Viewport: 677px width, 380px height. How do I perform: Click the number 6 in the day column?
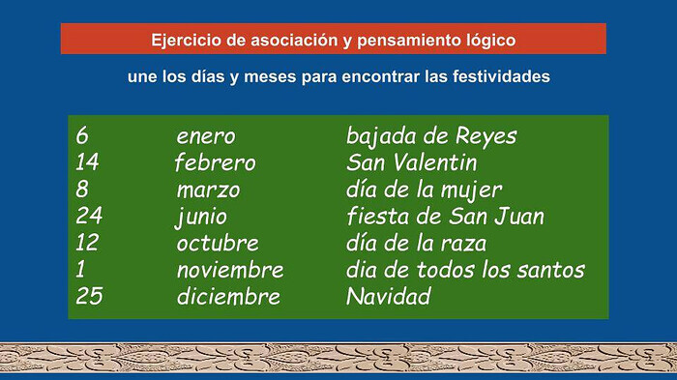(x=82, y=135)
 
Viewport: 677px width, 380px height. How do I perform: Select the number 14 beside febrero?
(x=87, y=162)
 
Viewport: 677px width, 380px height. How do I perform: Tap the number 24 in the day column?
(x=89, y=216)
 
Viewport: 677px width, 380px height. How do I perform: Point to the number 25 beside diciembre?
(x=89, y=296)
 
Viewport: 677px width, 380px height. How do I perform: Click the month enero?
(x=206, y=137)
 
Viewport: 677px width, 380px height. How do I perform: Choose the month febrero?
(x=215, y=163)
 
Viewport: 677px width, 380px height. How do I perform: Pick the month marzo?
(x=208, y=190)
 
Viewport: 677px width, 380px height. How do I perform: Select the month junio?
(x=201, y=217)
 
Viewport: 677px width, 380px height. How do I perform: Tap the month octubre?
(x=218, y=243)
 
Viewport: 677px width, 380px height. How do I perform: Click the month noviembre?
(x=230, y=270)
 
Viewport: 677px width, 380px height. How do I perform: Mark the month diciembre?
(x=228, y=296)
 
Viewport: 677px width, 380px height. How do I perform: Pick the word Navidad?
(x=389, y=296)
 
